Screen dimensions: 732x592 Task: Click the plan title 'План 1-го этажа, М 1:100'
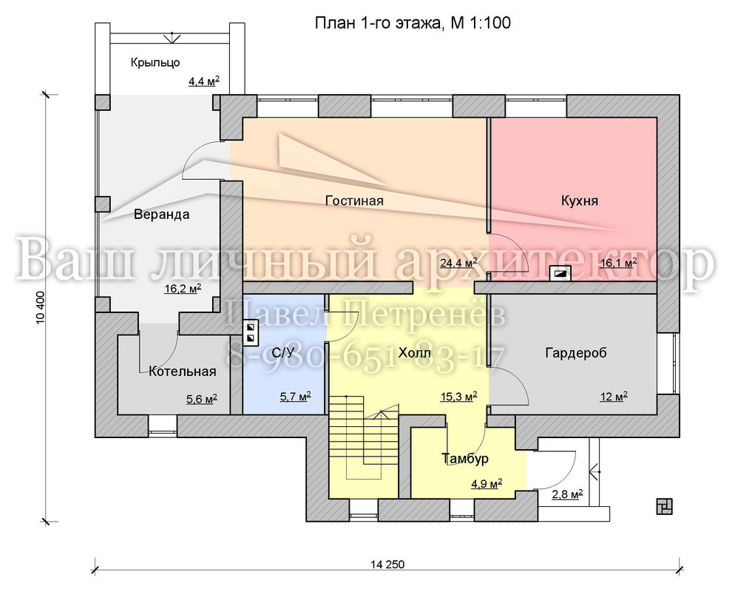pos(413,22)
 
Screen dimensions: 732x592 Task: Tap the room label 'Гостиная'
pos(354,201)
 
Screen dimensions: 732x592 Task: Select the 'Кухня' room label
pos(580,201)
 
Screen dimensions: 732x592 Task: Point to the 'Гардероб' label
pos(576,353)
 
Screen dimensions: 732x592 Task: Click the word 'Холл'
pos(415,353)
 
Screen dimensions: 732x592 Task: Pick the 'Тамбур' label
pos(465,458)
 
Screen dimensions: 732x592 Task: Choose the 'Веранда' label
pos(161,215)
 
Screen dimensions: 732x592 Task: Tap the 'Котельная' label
pos(183,371)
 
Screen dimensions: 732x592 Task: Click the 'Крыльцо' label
pos(155,63)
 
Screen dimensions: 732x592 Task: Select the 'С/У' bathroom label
pos(283,353)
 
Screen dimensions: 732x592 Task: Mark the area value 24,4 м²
pos(458,263)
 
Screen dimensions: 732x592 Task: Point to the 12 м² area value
pos(614,397)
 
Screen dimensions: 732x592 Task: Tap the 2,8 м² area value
pos(567,494)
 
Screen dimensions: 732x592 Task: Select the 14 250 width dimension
pos(387,565)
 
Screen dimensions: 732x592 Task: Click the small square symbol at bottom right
pos(664,506)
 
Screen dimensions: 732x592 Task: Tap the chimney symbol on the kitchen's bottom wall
pos(560,273)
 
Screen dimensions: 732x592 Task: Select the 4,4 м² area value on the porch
pos(203,81)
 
